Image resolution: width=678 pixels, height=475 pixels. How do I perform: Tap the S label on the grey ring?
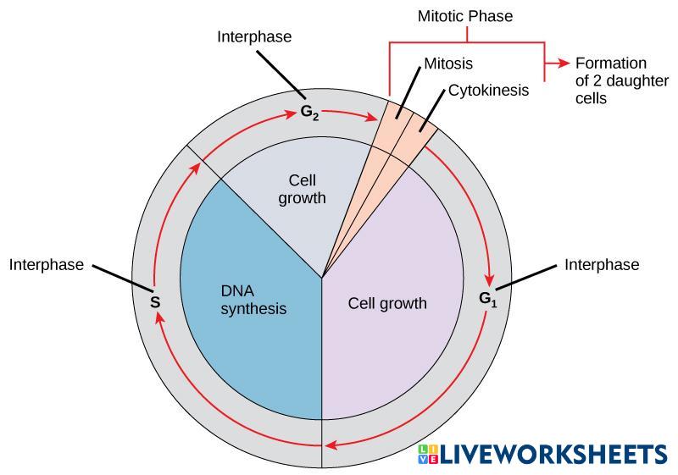[x=155, y=301]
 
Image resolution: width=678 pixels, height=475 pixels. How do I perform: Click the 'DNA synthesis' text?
[x=253, y=301]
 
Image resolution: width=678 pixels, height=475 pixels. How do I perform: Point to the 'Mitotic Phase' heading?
[x=464, y=16]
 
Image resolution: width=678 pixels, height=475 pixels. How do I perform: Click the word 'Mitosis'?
[x=448, y=64]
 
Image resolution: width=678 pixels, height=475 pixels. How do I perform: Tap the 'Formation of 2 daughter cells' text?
[x=610, y=80]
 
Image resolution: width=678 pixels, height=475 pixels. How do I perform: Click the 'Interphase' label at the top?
[x=254, y=36]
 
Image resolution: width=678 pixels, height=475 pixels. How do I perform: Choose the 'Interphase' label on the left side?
[x=47, y=265]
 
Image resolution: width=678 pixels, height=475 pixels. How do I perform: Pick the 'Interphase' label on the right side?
[x=602, y=265]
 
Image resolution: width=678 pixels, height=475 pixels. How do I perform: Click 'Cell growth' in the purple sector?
[x=387, y=303]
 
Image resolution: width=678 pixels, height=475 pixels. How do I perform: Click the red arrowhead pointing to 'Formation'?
[x=563, y=64]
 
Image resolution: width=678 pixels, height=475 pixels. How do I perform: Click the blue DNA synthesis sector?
[x=246, y=339]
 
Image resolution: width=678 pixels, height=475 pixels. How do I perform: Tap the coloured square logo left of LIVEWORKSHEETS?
[x=428, y=455]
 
